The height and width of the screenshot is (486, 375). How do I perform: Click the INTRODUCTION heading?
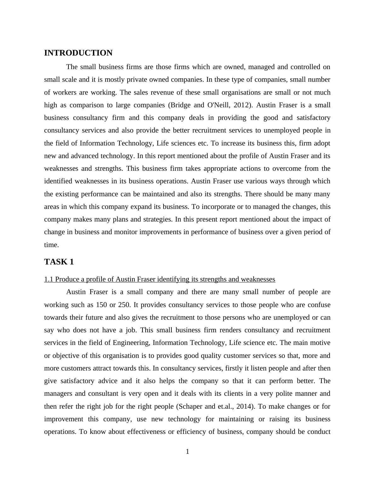point(78,53)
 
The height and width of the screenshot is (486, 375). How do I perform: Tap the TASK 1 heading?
point(59,262)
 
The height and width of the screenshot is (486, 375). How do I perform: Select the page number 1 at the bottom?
point(187,452)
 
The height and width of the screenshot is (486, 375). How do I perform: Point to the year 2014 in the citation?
point(245,406)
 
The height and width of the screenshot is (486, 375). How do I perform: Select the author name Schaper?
point(190,406)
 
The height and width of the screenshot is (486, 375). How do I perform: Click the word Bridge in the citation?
point(180,105)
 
